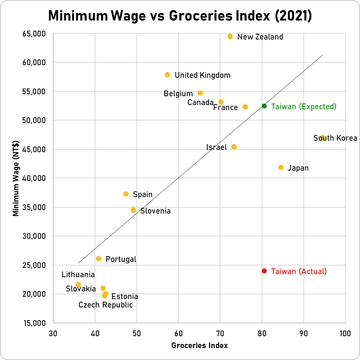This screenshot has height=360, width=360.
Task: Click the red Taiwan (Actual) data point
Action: pos(264,271)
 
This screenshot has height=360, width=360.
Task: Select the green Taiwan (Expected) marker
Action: pos(264,106)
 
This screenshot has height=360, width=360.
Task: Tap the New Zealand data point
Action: pos(230,36)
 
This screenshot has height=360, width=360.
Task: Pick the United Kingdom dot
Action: pos(167,75)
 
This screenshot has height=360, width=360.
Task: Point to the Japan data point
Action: pos(281,168)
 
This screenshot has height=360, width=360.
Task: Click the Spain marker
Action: pos(126,194)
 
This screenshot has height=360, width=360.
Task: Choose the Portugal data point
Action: pos(99,259)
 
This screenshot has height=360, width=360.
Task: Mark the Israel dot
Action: pos(234,147)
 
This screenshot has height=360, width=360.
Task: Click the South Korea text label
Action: pos(335,138)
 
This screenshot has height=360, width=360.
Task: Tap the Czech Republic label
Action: pos(106,305)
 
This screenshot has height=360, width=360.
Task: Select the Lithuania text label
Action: pos(78,275)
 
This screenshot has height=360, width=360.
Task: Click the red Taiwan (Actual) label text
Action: pos(299,271)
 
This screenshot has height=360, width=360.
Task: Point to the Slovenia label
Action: pos(155,211)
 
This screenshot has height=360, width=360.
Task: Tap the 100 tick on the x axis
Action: pos(345,333)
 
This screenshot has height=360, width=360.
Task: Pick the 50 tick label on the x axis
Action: pos(137,333)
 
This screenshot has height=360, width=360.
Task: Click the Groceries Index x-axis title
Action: pos(200,346)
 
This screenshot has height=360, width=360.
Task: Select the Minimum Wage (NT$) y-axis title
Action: pos(16,178)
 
